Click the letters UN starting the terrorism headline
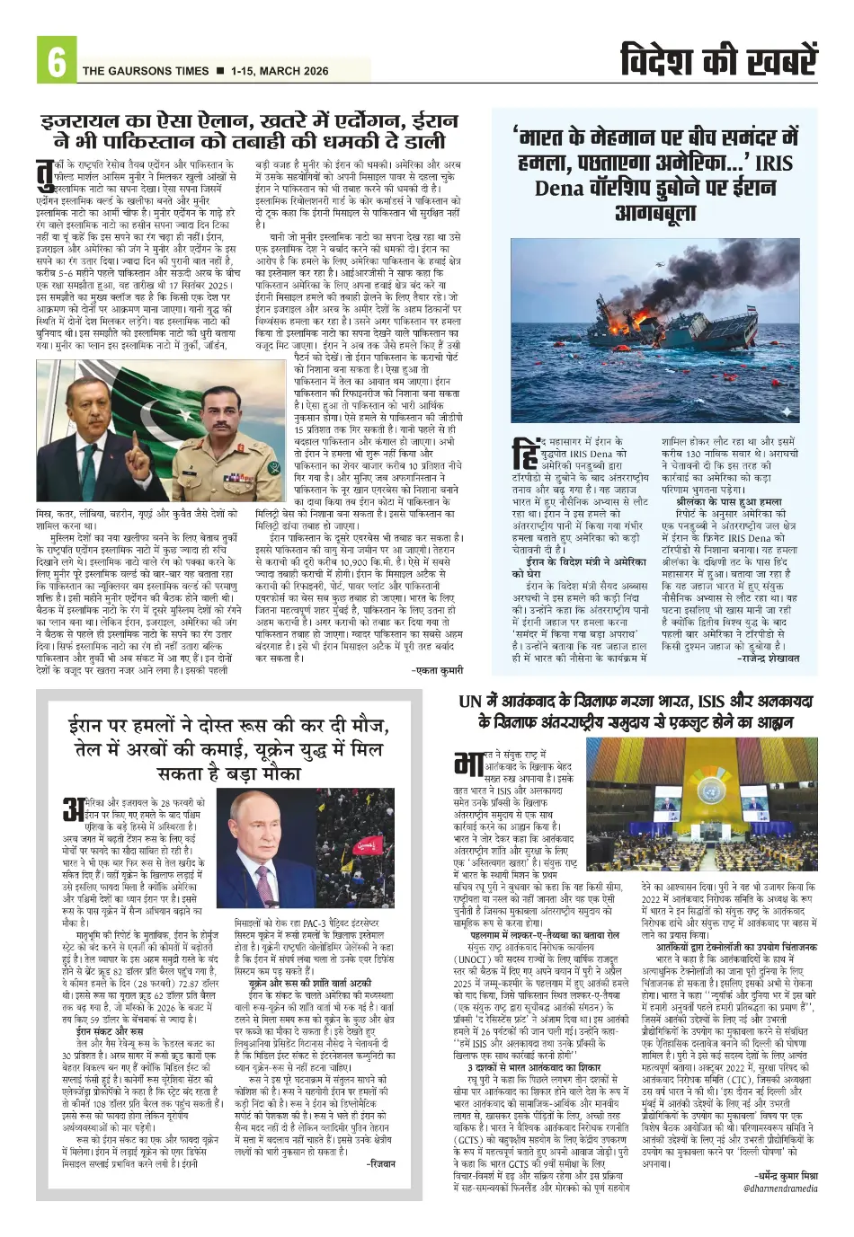[470, 701]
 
